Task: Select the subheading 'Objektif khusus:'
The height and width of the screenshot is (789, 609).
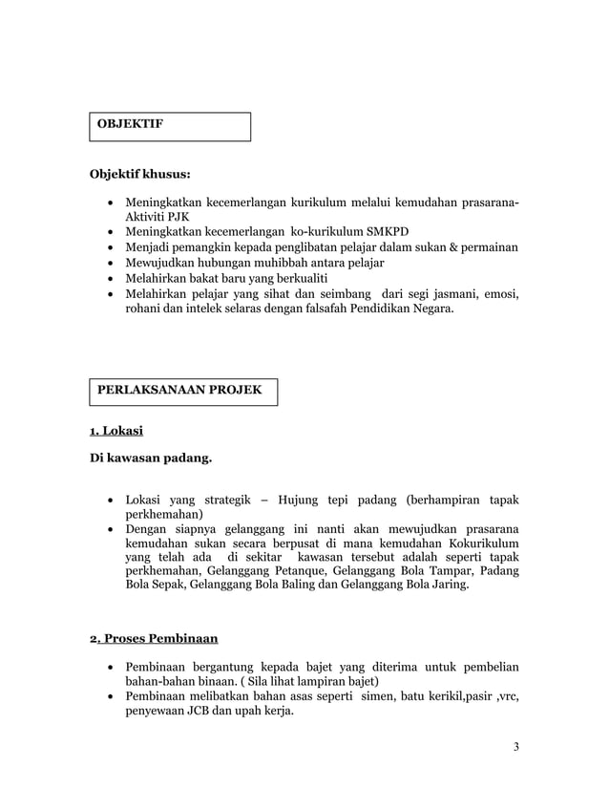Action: point(139,175)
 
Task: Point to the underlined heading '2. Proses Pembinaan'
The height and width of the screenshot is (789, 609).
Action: point(154,639)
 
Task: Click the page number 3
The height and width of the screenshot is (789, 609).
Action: point(515,746)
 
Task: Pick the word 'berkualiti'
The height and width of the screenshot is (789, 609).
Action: point(272,278)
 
